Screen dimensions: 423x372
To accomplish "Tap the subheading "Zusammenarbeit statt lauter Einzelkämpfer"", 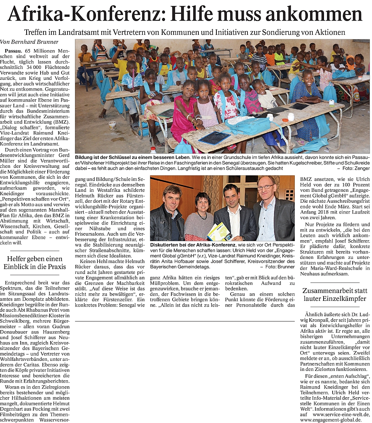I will click(335, 295).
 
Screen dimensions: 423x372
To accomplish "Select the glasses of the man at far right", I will click(266, 187).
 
